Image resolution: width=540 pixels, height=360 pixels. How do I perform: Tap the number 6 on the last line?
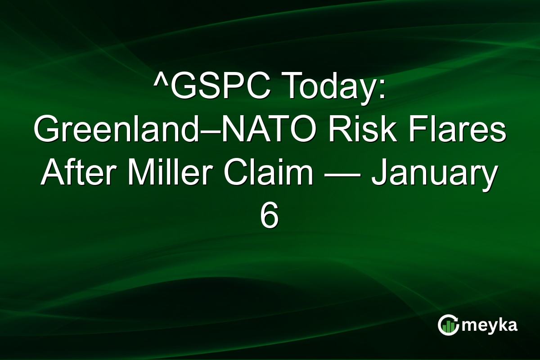pyautogui.click(x=270, y=218)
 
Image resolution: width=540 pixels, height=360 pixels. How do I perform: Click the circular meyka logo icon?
pyautogui.click(x=448, y=325)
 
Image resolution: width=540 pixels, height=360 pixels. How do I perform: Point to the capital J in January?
pyautogui.click(x=379, y=175)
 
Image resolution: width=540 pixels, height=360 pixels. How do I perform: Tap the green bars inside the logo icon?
pyautogui.click(x=448, y=327)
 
